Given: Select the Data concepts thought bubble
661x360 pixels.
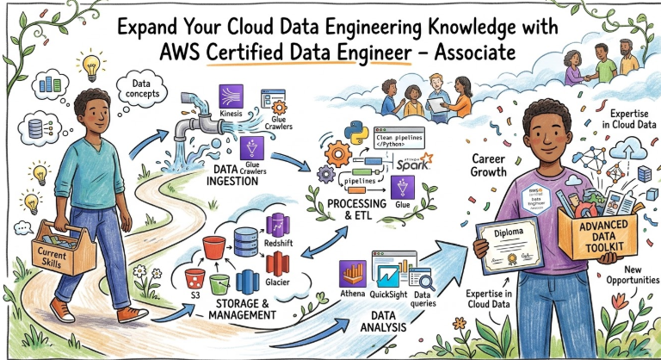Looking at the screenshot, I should click(138, 88).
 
